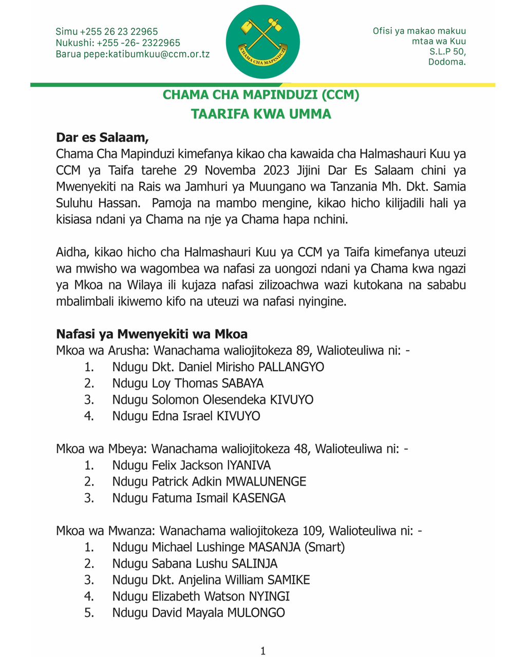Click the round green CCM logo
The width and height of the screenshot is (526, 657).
pos(262,42)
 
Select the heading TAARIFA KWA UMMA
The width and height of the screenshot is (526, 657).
pos(261,114)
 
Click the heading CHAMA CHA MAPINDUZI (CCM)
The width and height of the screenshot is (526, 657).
pos(261,95)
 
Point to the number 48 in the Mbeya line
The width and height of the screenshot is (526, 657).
pos(300,449)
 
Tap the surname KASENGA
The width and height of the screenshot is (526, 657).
pos(258,498)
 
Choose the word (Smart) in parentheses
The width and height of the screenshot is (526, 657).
pos(325,547)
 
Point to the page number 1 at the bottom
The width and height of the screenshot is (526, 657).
pos(263,651)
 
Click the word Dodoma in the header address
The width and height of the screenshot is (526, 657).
pos(447,62)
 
